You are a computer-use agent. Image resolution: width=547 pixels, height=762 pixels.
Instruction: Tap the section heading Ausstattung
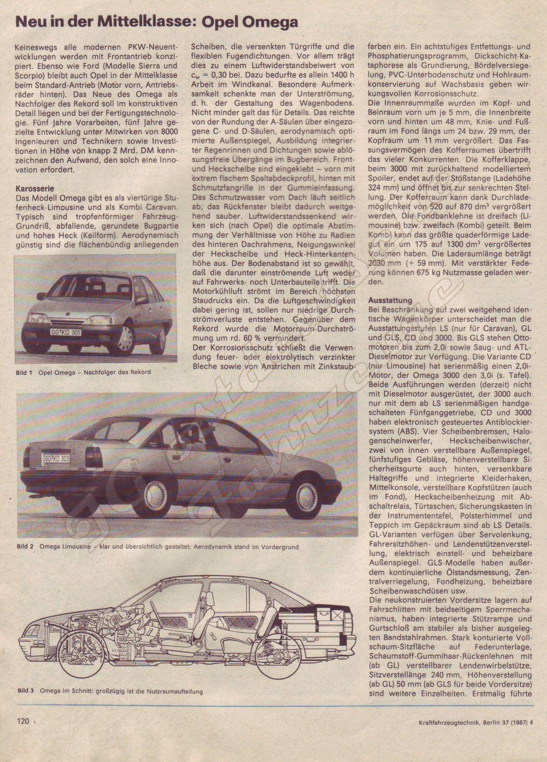[390, 300]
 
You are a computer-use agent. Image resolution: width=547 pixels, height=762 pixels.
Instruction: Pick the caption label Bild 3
[25, 691]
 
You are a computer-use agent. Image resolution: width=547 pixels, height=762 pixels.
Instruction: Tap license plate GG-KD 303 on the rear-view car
[57, 458]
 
